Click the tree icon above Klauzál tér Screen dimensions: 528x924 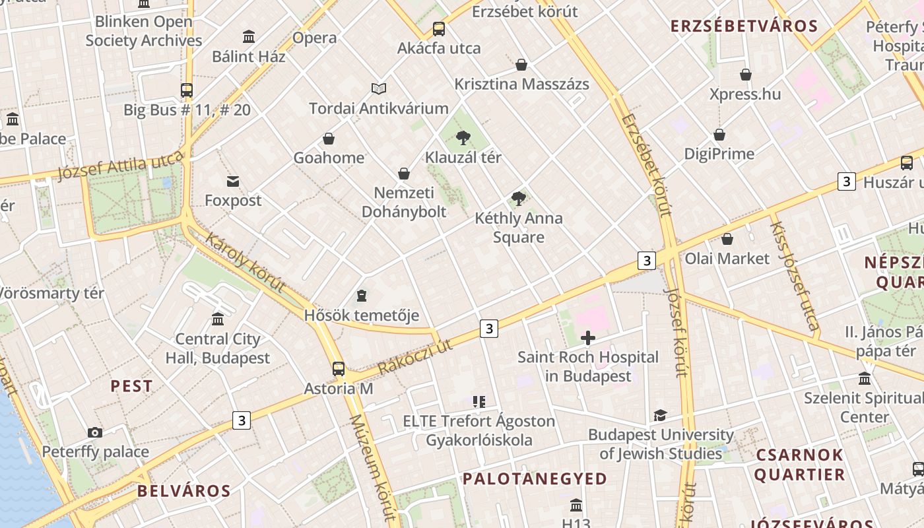[x=463, y=138]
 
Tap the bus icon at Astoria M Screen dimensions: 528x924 [x=339, y=369]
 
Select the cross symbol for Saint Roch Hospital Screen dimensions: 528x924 [x=587, y=339]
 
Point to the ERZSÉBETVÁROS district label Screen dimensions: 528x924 [x=744, y=26]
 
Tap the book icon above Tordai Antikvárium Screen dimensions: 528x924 [x=378, y=88]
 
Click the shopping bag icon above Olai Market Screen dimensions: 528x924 [x=727, y=238]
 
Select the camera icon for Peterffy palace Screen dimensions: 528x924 [x=95, y=432]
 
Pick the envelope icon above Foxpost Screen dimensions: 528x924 [x=233, y=181]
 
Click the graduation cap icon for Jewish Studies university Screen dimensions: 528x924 [x=660, y=415]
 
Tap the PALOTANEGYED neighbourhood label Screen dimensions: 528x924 [x=535, y=478]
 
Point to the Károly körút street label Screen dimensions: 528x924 [x=246, y=263]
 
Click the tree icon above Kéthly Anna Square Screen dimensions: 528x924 [x=519, y=198]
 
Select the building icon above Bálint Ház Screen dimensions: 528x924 [x=249, y=36]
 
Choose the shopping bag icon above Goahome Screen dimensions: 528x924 [x=329, y=139]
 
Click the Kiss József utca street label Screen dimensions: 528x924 [x=795, y=275]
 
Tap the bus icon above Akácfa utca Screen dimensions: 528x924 [x=439, y=29]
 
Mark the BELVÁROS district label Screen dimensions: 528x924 [x=184, y=491]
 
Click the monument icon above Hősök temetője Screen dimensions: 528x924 [x=361, y=295]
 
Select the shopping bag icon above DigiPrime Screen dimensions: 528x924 [x=719, y=135]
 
